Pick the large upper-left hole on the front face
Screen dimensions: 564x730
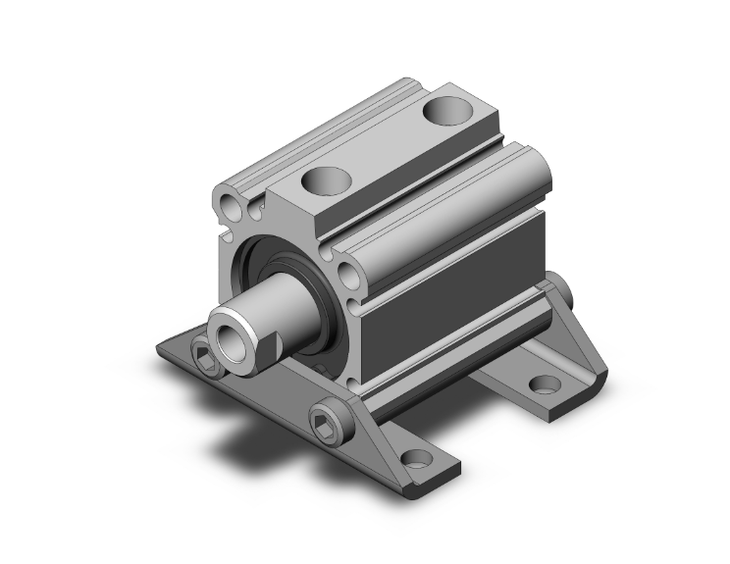pos(232,207)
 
